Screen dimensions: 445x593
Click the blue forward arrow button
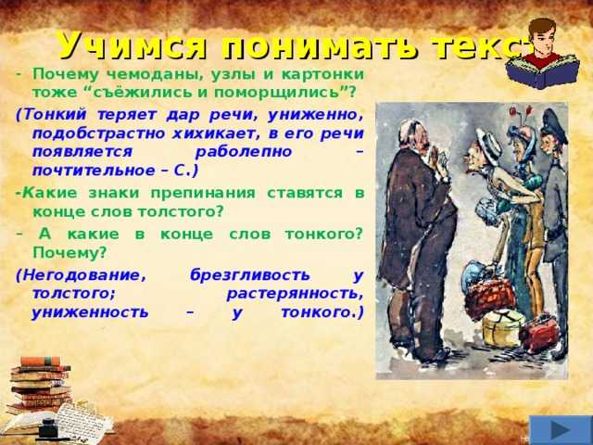click(x=560, y=430)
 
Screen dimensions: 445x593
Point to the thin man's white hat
click(x=487, y=142)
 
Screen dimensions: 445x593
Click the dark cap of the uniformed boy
click(x=554, y=121)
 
